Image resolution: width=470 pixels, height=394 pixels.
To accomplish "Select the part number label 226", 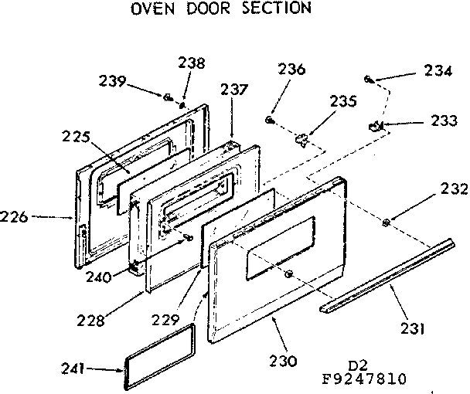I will click(15, 217).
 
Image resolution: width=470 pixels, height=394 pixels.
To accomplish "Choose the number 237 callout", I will click(234, 90).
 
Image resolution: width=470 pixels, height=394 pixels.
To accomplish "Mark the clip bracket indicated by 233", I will click(376, 125).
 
